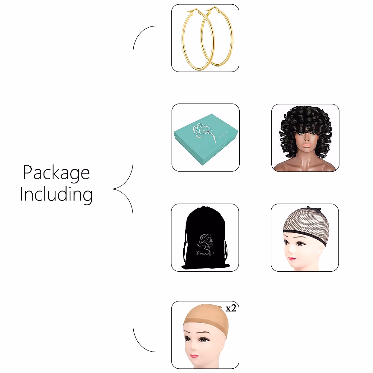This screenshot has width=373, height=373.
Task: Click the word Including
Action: [56, 195]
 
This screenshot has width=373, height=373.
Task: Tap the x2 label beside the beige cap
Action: [231, 308]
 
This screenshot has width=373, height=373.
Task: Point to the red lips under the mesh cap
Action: [291, 258]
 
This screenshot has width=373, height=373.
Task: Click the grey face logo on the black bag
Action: [205, 241]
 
